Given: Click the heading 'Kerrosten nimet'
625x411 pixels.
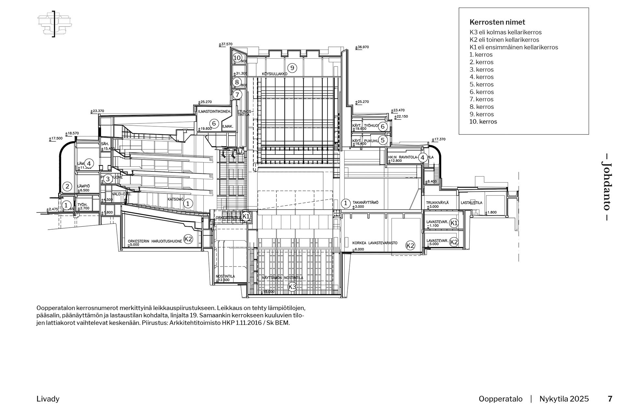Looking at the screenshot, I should (497, 22).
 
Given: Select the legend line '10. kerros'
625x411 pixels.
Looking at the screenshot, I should (483, 122).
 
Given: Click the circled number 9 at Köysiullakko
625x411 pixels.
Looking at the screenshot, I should (292, 68).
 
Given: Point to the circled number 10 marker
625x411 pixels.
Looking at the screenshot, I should (237, 58).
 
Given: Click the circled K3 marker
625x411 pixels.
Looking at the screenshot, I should (292, 287).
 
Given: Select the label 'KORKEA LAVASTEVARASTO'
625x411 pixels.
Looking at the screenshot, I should (375, 243).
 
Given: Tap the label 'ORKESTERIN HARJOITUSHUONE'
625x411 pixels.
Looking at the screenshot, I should (155, 241).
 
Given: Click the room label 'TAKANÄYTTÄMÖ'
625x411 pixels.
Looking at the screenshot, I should (366, 203).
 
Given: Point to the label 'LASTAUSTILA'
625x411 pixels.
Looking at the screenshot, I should (471, 203).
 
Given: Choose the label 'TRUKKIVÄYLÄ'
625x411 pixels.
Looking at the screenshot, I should (437, 203).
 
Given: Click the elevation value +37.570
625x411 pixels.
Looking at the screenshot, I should (226, 44).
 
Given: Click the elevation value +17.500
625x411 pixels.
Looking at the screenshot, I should (56, 138).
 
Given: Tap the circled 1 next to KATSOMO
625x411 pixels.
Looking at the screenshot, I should (188, 204).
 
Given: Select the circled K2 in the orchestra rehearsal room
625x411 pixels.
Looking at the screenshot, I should (188, 239).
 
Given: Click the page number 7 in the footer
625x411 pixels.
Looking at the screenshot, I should (610, 399).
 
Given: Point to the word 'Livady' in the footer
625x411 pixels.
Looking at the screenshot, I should (48, 399).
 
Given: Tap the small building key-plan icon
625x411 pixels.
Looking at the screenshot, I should (55, 23).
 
